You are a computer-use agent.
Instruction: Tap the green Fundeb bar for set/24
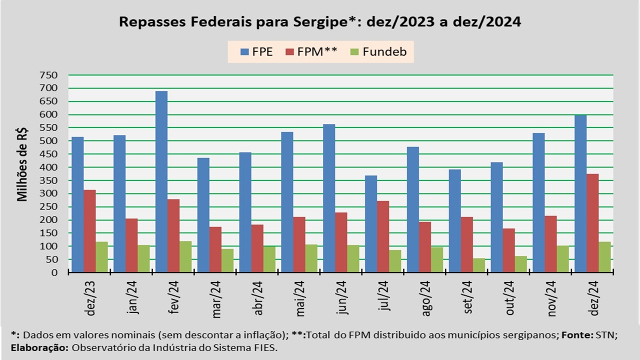[x=479, y=265]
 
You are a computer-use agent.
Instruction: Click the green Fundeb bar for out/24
[x=521, y=264]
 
